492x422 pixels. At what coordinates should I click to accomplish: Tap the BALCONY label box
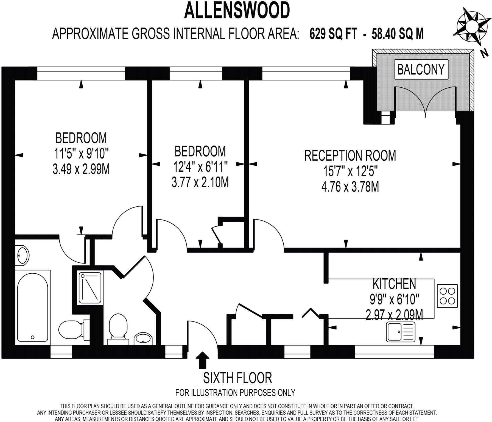[421, 69]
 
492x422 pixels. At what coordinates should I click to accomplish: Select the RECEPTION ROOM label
[350, 156]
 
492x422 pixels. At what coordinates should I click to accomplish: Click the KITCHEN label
[394, 284]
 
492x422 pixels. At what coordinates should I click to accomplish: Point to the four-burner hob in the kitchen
[447, 296]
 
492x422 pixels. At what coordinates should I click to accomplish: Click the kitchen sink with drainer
[401, 332]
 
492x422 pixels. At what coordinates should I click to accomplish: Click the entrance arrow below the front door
[203, 360]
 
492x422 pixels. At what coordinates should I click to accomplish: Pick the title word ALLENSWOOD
[237, 10]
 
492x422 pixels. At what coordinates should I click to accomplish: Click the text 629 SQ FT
[333, 34]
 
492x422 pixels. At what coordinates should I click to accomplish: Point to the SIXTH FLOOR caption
[237, 378]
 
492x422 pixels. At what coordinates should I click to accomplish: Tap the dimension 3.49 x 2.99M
[81, 169]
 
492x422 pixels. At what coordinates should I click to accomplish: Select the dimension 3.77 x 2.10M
[200, 182]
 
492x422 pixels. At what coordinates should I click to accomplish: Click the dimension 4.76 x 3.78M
[350, 187]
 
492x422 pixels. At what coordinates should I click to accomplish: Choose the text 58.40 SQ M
[398, 34]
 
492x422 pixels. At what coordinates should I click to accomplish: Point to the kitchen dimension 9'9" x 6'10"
[394, 299]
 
